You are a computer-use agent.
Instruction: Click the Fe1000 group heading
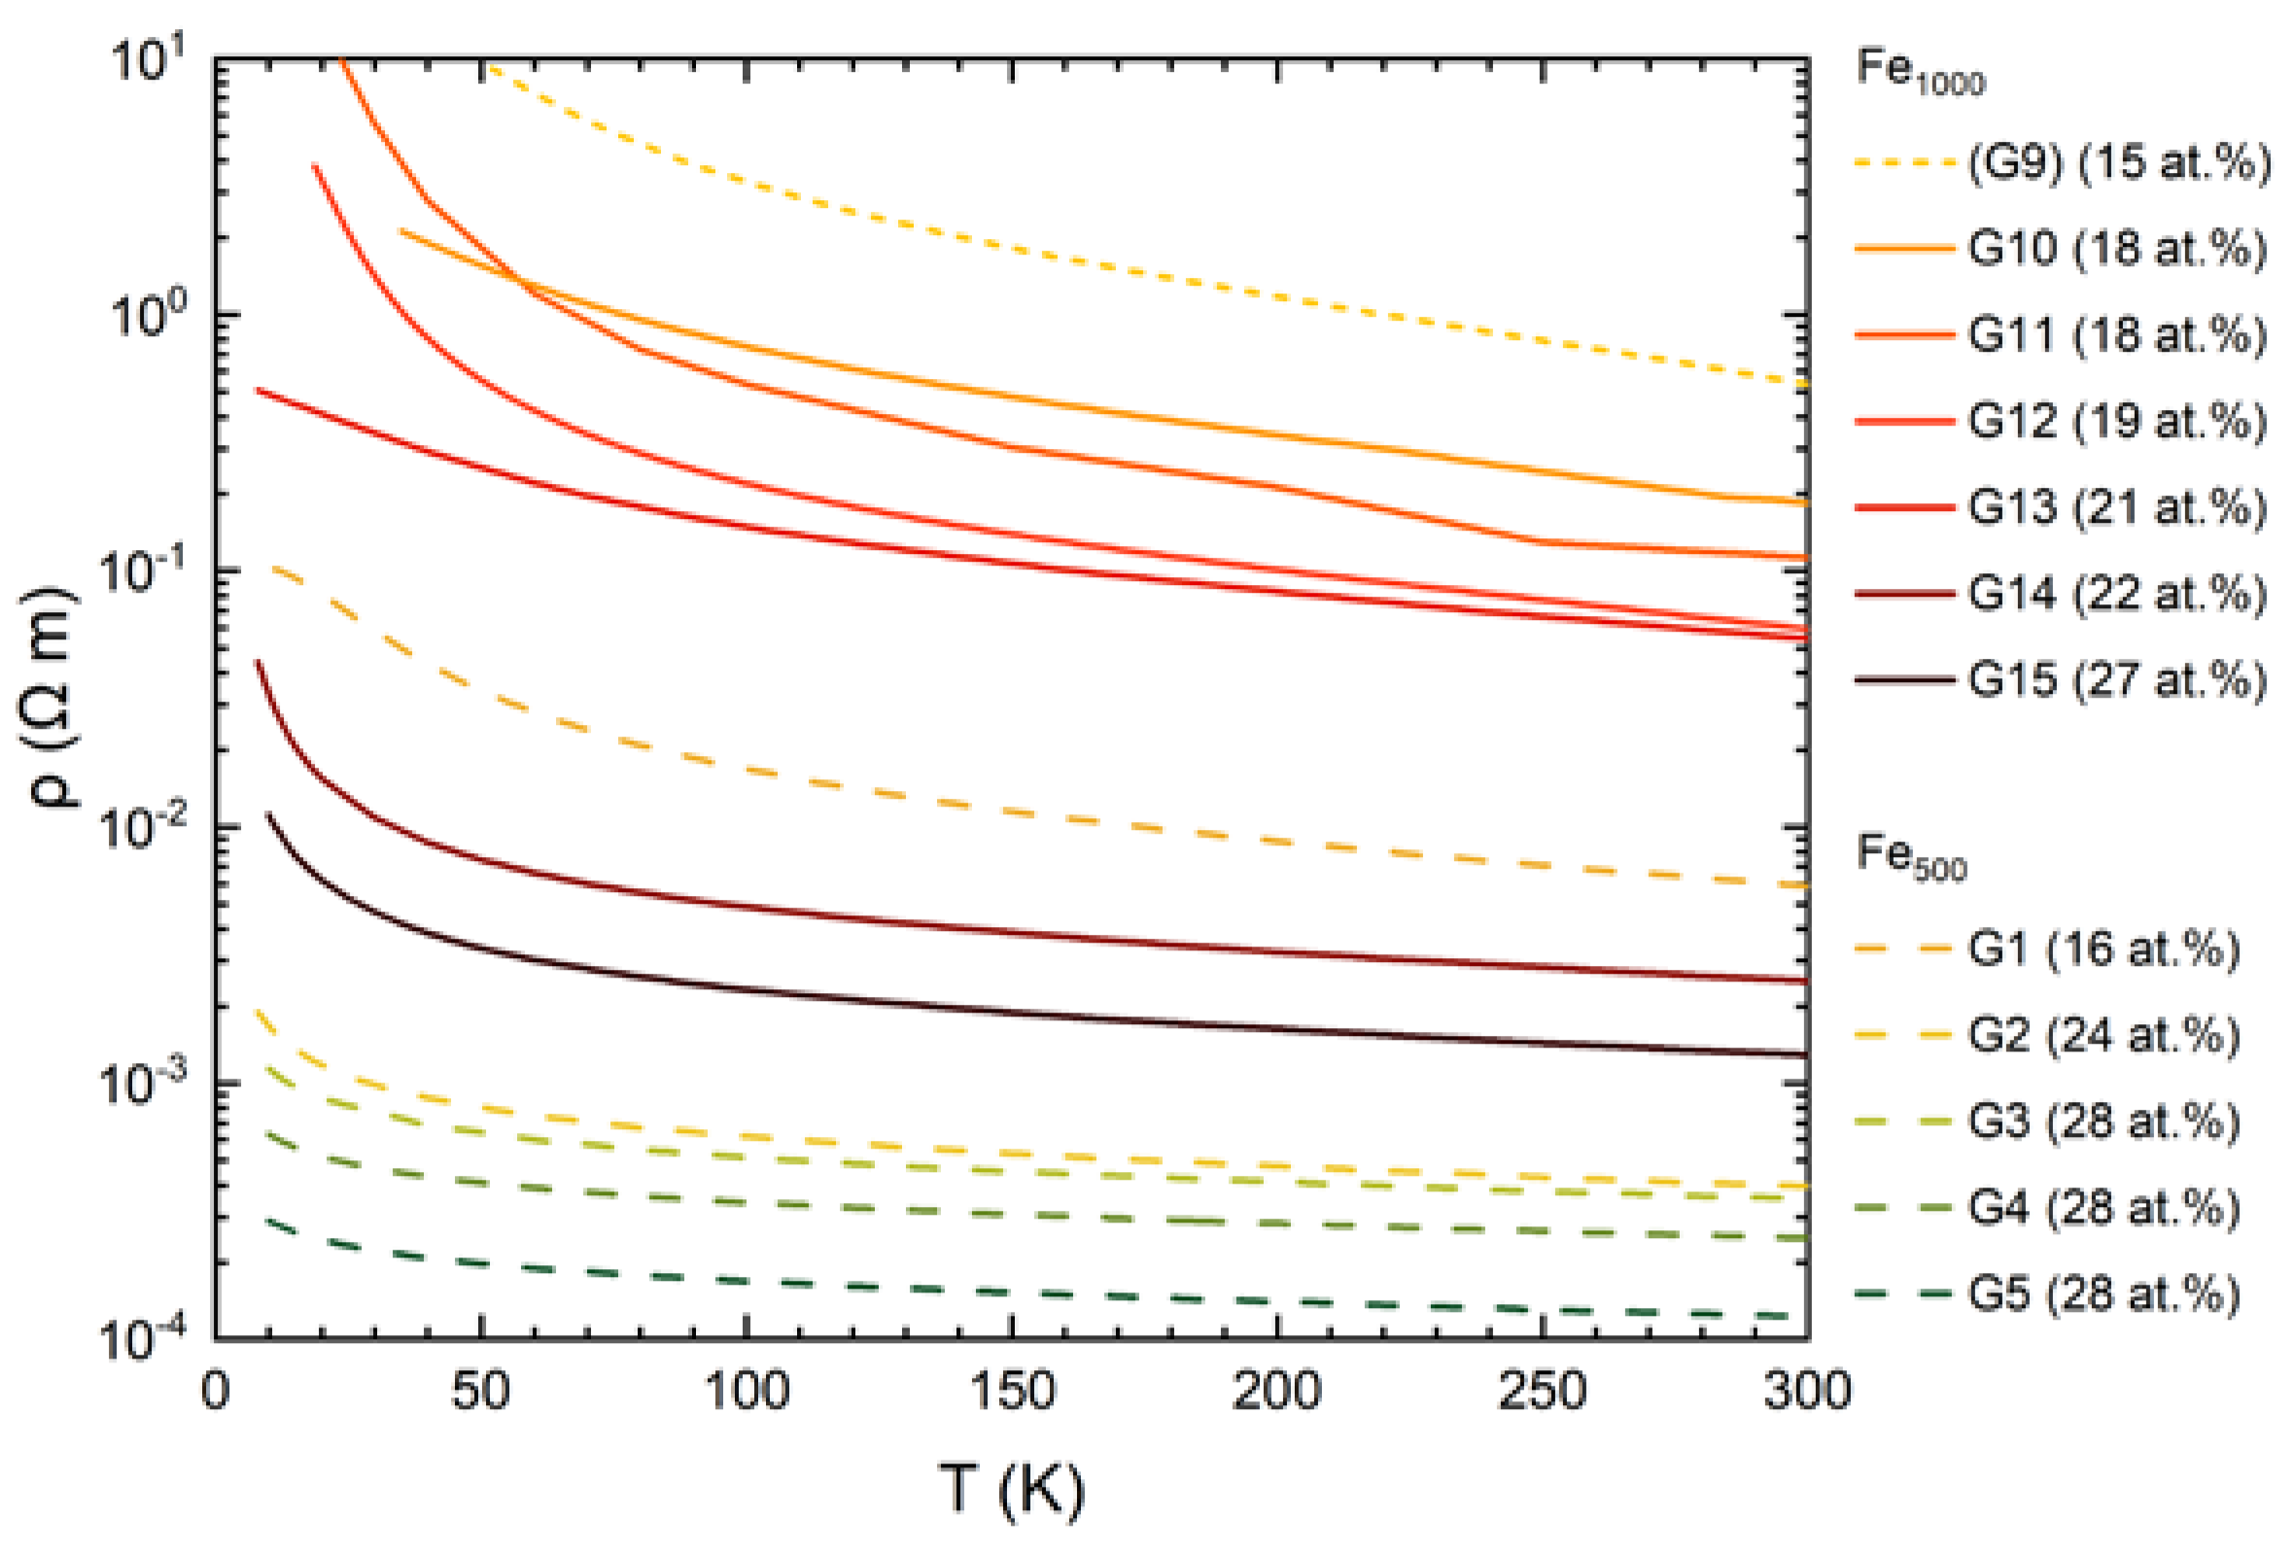click(x=1920, y=71)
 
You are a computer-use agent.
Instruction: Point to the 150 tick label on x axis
click(x=1011, y=1392)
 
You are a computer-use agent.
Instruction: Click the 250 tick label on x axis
click(x=1542, y=1392)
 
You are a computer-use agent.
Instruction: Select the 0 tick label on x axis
click(x=215, y=1392)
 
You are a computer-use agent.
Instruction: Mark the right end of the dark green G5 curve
click(x=1803, y=1316)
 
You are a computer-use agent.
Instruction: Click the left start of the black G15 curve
click(x=267, y=814)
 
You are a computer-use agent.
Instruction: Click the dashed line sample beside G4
click(x=1902, y=1208)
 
